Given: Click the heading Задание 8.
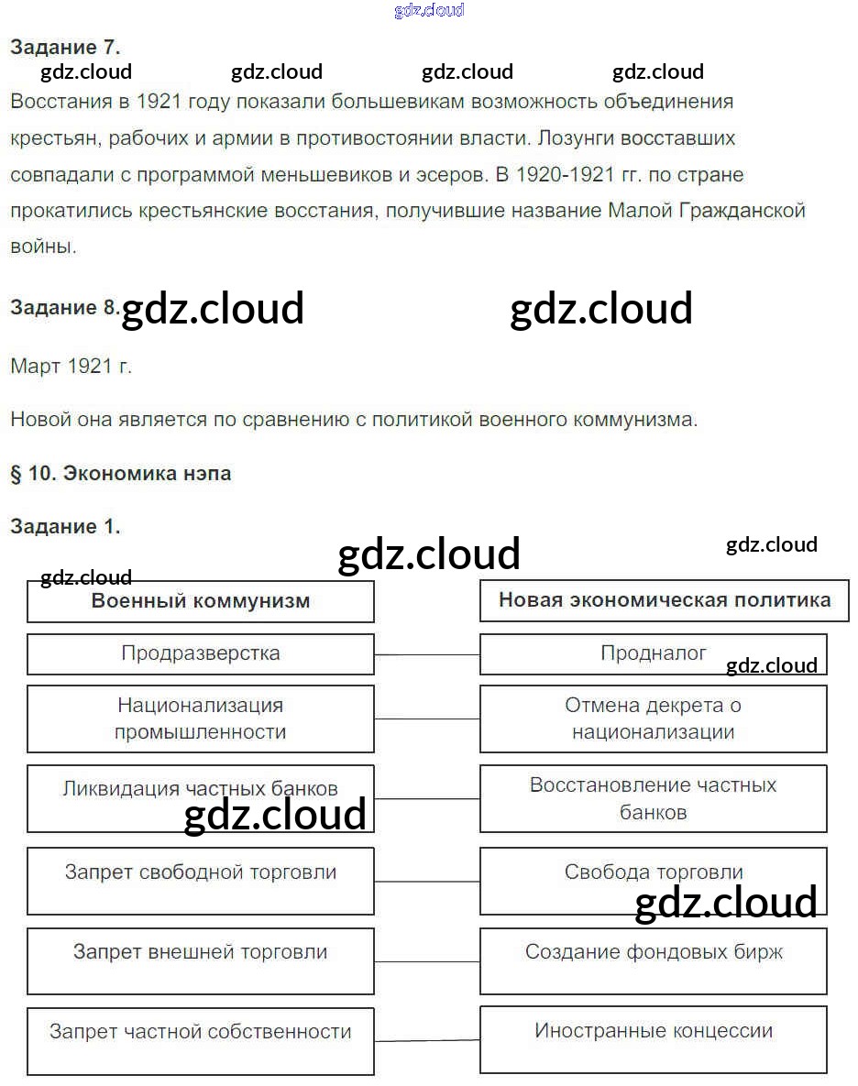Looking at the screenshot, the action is tap(64, 308).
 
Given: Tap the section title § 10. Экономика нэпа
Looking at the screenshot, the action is tap(120, 474).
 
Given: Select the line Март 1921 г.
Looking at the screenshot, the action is tap(71, 367).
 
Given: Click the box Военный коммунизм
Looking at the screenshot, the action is tap(200, 601).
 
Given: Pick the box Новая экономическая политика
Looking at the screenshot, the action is tap(664, 600).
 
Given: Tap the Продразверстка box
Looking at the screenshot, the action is tap(200, 654).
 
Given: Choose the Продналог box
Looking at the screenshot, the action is tap(653, 653).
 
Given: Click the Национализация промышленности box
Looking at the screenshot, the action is tap(200, 719).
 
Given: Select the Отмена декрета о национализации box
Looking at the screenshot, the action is tap(653, 719).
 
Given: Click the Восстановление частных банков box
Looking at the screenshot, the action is tap(653, 798).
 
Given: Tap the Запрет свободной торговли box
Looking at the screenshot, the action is tap(200, 880).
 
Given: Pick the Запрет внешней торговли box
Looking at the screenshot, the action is tap(200, 960).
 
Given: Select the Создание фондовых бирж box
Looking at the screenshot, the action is tap(653, 960).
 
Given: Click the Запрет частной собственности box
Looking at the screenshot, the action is tap(200, 1040).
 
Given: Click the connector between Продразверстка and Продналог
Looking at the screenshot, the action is tap(427, 655).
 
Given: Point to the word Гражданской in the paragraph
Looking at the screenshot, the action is tap(742, 211).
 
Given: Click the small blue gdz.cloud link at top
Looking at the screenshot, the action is tap(429, 10).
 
